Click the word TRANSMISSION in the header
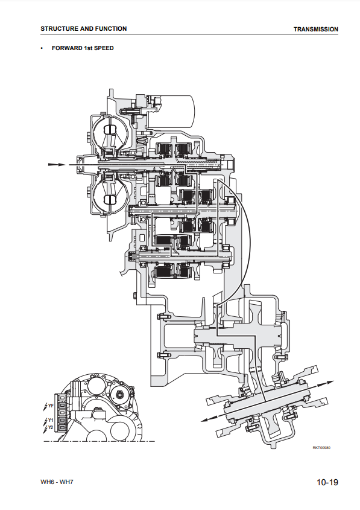pos(316,30)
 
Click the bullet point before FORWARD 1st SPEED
pos(42,48)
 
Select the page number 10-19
pos(327,482)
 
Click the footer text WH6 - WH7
pos(57,482)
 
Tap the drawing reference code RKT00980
pos(321,448)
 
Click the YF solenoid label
pos(51,406)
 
